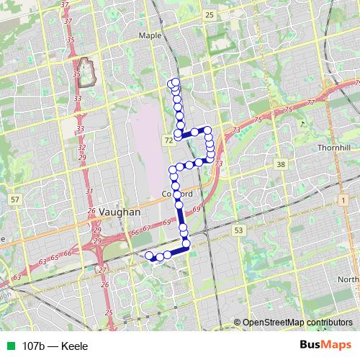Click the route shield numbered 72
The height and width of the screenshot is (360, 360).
pos(168,138)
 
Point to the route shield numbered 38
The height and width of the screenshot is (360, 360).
pos(281,165)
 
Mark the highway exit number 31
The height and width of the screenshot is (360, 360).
pos(89,191)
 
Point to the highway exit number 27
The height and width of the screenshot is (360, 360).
pos(102,270)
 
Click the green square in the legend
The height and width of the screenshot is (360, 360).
pos(9,346)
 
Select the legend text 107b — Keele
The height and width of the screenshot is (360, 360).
pos(55,346)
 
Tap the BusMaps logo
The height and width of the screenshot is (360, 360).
pos(325,346)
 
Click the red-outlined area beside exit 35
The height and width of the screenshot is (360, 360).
pos(87,72)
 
